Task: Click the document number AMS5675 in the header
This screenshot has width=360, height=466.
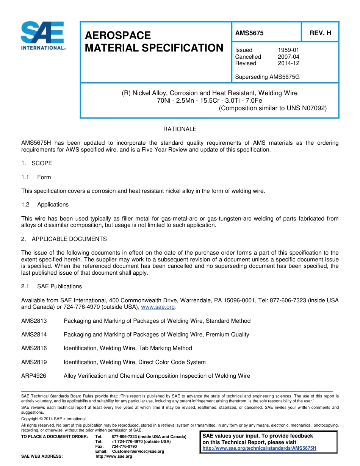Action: coord(249,33)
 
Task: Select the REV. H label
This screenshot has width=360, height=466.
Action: coord(320,33)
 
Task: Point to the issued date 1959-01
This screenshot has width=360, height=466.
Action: coord(288,50)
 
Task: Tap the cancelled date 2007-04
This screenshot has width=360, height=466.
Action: coord(288,57)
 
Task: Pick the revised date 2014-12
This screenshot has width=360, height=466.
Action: coord(288,63)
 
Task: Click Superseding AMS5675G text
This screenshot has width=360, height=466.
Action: coord(267,77)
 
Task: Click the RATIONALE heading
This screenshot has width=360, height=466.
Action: coord(180,129)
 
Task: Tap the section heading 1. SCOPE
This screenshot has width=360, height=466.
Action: coord(37,163)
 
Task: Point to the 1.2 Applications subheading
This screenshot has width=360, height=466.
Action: coord(45,205)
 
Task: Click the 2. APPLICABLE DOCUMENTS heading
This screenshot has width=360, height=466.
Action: coord(64,239)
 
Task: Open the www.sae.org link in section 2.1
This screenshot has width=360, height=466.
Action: coord(158,307)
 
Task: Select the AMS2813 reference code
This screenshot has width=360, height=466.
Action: coord(34,321)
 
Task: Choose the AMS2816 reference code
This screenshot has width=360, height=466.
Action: coord(34,348)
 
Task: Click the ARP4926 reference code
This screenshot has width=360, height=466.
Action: coord(34,376)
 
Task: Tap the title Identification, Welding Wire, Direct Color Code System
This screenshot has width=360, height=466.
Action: coord(135,362)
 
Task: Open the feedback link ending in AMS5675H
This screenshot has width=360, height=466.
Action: coord(259,448)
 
